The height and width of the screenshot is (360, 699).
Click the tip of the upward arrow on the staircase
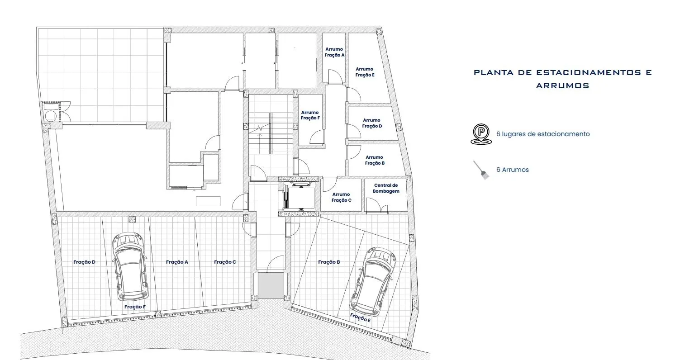(x=259, y=133)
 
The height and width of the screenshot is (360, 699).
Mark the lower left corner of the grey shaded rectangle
(x=258, y=298)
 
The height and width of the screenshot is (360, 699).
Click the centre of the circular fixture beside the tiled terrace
(x=51, y=116)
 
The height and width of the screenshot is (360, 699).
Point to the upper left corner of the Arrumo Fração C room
(x=321, y=179)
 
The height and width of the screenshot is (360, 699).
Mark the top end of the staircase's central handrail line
(x=271, y=113)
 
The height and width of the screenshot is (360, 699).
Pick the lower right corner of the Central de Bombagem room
(x=407, y=211)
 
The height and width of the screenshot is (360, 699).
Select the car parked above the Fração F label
(x=130, y=267)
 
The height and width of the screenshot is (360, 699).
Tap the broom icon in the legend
(x=481, y=170)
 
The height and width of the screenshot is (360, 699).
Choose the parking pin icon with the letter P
(x=481, y=134)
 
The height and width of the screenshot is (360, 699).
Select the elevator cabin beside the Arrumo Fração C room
(x=299, y=196)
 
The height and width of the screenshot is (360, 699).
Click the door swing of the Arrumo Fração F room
(x=317, y=137)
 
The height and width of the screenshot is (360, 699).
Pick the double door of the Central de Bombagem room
(x=377, y=205)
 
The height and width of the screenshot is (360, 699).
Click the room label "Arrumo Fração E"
(x=365, y=72)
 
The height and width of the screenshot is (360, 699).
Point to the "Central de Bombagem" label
(x=386, y=188)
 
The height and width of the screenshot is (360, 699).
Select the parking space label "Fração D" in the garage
(x=84, y=262)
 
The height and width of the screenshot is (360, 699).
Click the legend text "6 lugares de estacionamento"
(x=543, y=134)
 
